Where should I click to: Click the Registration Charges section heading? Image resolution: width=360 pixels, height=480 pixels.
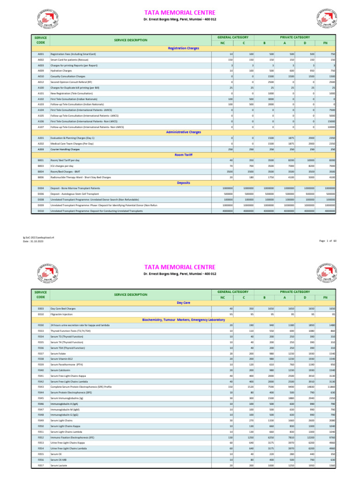(183, 48)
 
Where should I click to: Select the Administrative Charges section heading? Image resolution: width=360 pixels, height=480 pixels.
(183, 132)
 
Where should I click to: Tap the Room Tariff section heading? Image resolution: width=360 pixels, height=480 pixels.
(183, 154)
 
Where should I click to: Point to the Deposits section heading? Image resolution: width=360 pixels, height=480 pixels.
(183, 182)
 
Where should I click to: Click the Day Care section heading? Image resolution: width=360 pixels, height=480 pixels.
(183, 303)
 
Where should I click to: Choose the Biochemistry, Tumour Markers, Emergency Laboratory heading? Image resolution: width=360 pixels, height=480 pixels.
(183, 319)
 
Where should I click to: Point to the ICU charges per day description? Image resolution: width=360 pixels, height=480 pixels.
(62, 166)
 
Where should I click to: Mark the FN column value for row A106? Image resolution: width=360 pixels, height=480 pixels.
(330, 121)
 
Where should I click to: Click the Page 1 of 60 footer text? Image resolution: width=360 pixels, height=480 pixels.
(328, 240)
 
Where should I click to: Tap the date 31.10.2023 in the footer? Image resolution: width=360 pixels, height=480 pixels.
(32, 241)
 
